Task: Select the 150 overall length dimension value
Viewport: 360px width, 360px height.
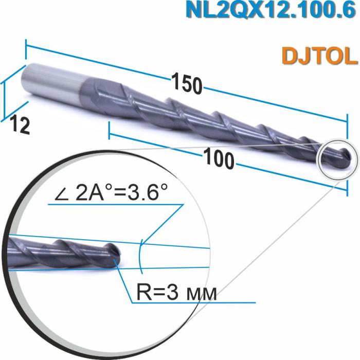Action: coord(186,84)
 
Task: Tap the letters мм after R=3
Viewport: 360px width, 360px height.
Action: coord(203,294)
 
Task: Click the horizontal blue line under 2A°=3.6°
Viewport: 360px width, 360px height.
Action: coord(113,204)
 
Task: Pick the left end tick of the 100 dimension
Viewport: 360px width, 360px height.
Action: coord(110,132)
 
